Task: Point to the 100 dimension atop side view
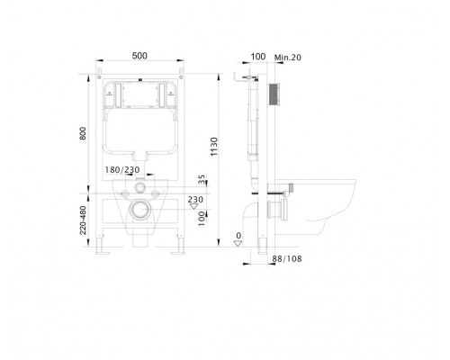tap(259, 57)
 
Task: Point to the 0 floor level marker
tap(238, 238)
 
